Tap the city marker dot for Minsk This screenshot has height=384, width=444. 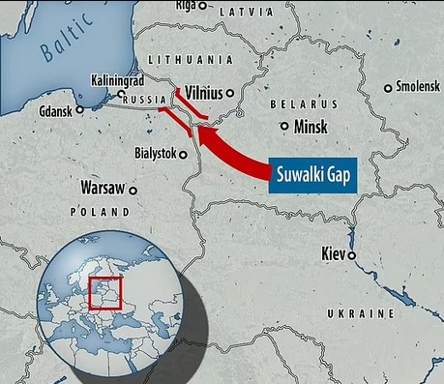(284, 126)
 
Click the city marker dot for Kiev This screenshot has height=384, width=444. (352, 255)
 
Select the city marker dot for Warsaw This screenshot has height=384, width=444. (133, 191)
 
